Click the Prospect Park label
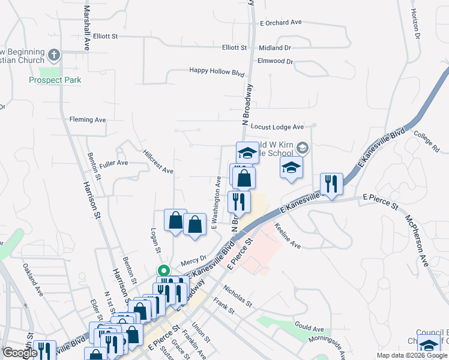point(55,80)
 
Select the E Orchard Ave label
point(280,23)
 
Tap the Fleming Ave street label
point(88,120)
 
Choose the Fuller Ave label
point(114,163)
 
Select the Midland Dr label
point(274,47)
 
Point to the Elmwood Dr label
point(275,61)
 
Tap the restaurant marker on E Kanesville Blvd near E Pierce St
point(331,184)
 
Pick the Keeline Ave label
point(288,236)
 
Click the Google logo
point(20,353)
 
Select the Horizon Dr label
point(416,26)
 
